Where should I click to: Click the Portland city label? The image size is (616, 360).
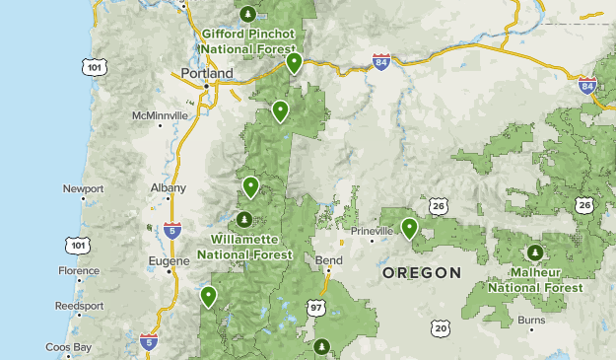pyautogui.click(x=206, y=73)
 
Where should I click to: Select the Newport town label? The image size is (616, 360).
pyautogui.click(x=83, y=188)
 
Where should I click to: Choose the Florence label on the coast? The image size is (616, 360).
pyautogui.click(x=79, y=270)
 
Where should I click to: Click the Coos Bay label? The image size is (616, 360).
pyautogui.click(x=69, y=347)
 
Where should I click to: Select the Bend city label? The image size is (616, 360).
pyautogui.click(x=329, y=260)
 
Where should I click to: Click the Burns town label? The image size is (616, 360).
pyautogui.click(x=531, y=321)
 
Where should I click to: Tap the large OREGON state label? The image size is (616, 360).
pyautogui.click(x=422, y=272)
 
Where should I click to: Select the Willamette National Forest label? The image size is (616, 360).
pyautogui.click(x=244, y=247)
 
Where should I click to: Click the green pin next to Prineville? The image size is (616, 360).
pyautogui.click(x=409, y=229)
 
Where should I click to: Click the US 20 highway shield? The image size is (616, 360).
pyautogui.click(x=440, y=327)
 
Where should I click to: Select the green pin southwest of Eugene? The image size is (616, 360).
pyautogui.click(x=208, y=296)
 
